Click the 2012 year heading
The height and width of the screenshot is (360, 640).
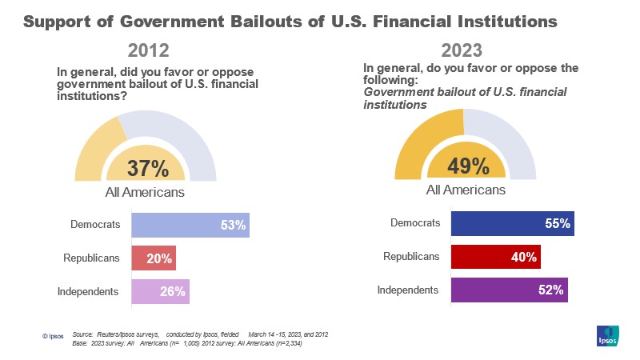[x=146, y=51]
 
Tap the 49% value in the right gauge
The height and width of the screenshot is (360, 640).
[x=468, y=166]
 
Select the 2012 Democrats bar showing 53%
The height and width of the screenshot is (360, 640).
[x=190, y=226]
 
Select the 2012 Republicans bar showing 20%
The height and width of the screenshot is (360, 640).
[x=153, y=258]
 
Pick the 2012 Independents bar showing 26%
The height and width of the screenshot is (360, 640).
[x=160, y=290]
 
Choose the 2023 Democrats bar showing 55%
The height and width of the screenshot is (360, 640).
[x=512, y=224]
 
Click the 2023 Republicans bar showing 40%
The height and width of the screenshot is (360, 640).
[x=496, y=257]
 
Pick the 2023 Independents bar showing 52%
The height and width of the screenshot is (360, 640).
[x=510, y=290]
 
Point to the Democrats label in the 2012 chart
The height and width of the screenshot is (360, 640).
[x=95, y=225]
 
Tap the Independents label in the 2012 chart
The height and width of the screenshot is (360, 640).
[x=88, y=290]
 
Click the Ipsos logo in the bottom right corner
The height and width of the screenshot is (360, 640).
[x=608, y=337]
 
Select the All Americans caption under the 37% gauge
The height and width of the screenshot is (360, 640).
[x=146, y=192]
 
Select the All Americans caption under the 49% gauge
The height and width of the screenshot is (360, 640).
[x=466, y=190]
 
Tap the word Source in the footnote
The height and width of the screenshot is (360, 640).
[x=83, y=333]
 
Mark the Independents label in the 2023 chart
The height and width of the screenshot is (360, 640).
[x=408, y=290]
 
